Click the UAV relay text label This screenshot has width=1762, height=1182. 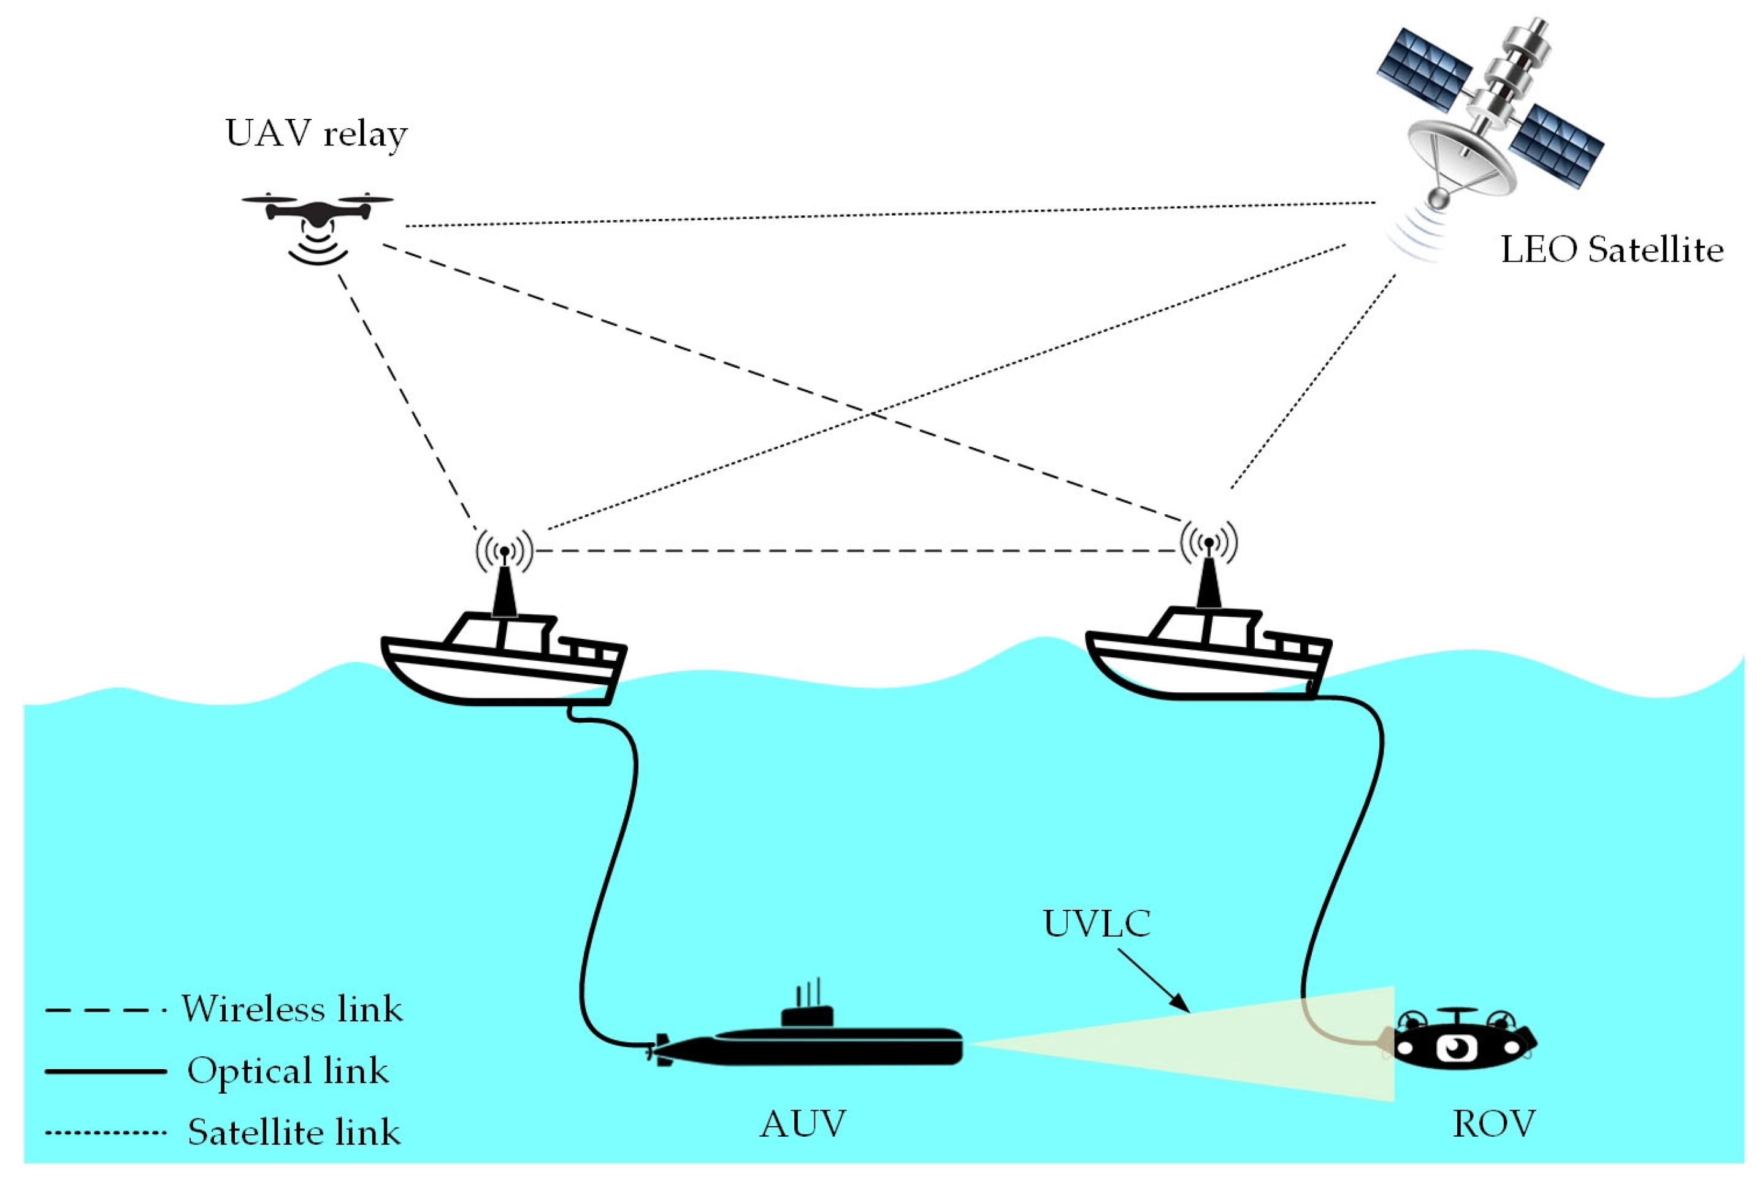[316, 134]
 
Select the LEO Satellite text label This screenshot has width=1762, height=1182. [1611, 250]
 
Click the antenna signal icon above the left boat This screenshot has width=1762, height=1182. [504, 551]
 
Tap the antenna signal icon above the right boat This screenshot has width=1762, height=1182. [1209, 541]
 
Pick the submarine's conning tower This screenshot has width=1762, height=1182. [806, 1014]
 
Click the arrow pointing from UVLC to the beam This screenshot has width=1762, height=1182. [1154, 980]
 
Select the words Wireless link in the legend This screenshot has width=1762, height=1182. [292, 1009]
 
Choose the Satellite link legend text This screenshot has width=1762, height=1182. [293, 1132]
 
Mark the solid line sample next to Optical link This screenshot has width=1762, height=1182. [105, 1071]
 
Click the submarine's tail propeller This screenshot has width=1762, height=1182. [661, 1050]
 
